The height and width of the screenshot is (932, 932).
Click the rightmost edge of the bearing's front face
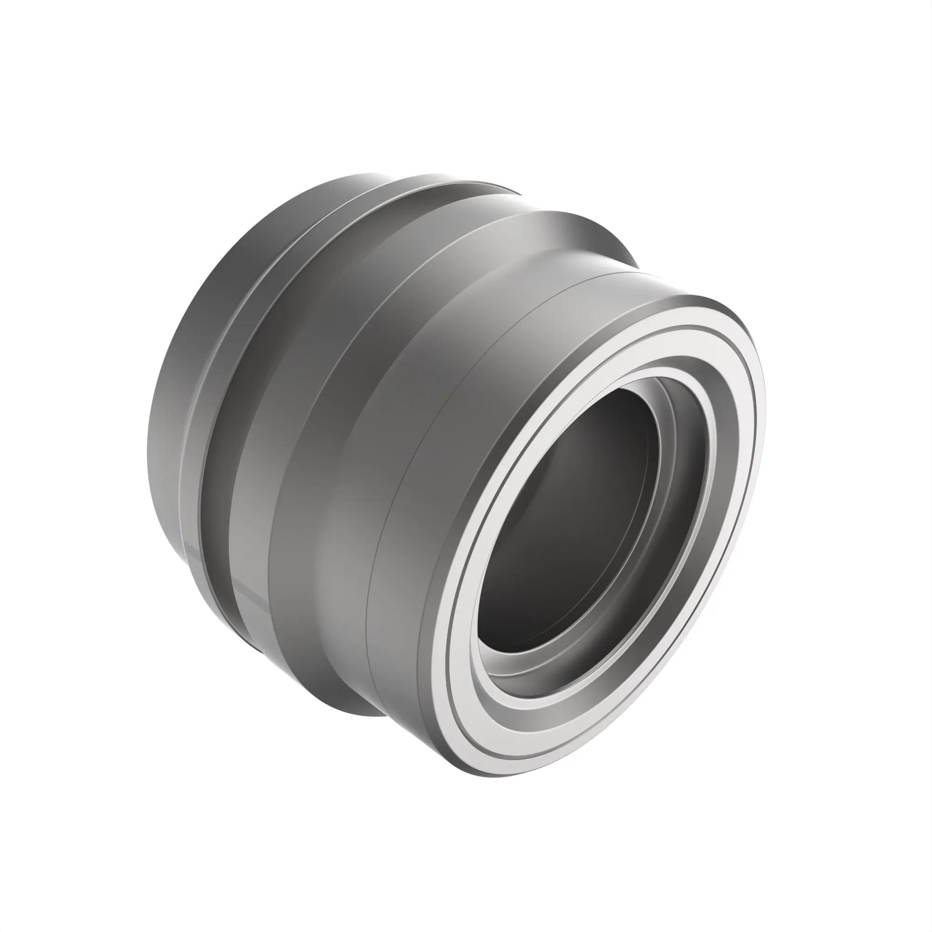765,410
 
